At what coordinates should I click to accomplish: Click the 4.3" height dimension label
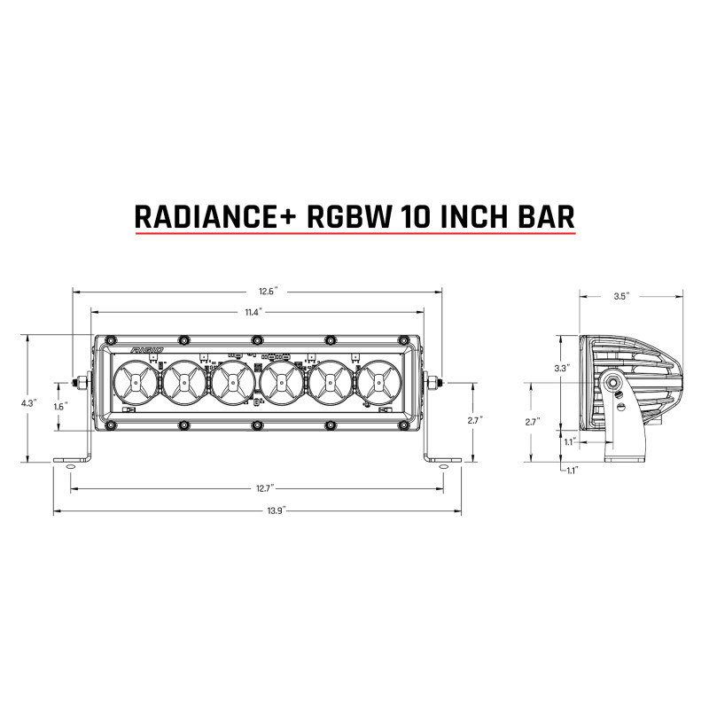click(x=28, y=402)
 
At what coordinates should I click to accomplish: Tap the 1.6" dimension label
click(x=60, y=407)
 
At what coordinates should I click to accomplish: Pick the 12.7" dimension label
click(x=259, y=487)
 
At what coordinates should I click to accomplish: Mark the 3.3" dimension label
click(x=560, y=367)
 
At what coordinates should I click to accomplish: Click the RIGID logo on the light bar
click(x=146, y=351)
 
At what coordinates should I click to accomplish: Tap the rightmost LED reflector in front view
click(x=377, y=383)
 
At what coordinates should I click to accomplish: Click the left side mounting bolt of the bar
click(x=80, y=383)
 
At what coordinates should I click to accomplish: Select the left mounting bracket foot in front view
click(x=74, y=461)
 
